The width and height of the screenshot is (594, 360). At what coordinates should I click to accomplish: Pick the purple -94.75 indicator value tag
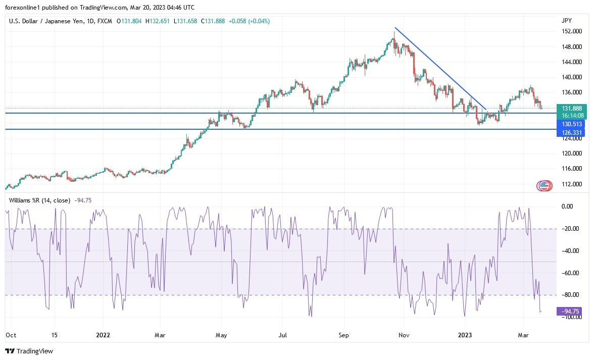[569, 311]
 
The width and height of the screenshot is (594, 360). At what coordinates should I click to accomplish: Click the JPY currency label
[566, 21]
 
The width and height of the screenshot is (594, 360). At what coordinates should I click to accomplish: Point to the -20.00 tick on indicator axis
[570, 229]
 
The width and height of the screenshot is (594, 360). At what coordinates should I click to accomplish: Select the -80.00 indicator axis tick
[570, 295]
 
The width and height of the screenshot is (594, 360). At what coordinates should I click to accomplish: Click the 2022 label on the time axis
[103, 335]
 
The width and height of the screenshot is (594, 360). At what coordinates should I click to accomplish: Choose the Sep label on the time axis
[343, 335]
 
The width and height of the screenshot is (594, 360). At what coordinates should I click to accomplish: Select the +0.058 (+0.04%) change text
[249, 21]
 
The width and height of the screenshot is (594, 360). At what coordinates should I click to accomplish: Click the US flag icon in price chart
[544, 186]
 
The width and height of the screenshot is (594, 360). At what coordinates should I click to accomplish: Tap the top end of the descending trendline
[395, 27]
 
